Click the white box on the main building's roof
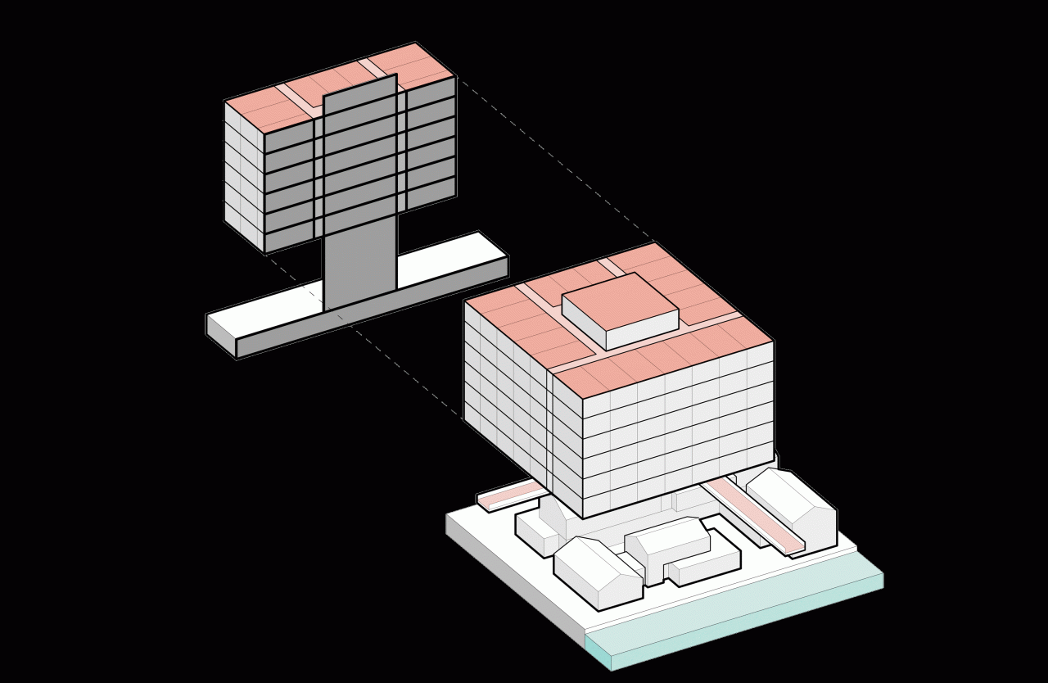click(621, 311)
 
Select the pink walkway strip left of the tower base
click(508, 493)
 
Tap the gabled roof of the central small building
click(667, 536)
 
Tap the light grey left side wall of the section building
click(244, 176)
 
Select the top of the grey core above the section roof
click(360, 90)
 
